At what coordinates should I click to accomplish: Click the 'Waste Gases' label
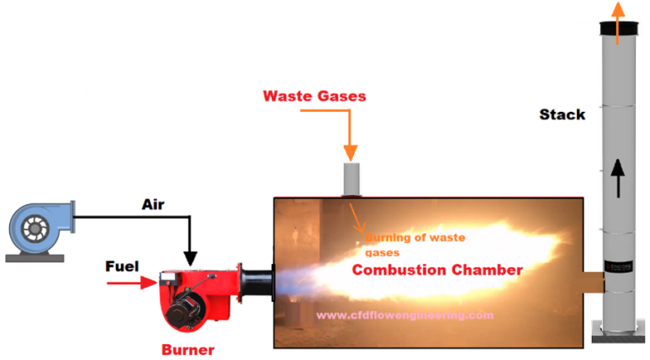pyautogui.click(x=314, y=96)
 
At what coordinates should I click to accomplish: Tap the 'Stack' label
pyautogui.click(x=562, y=114)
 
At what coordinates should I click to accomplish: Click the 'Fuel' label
pyautogui.click(x=122, y=267)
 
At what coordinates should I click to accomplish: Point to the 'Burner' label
pyautogui.click(x=188, y=349)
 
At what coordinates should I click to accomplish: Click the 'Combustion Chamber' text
pyautogui.click(x=437, y=270)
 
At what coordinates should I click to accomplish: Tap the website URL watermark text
pyautogui.click(x=404, y=315)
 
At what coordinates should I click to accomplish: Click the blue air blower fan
pyautogui.click(x=39, y=225)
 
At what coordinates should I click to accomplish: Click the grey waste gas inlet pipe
pyautogui.click(x=351, y=179)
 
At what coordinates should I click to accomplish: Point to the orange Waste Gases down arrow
pyautogui.click(x=351, y=134)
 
